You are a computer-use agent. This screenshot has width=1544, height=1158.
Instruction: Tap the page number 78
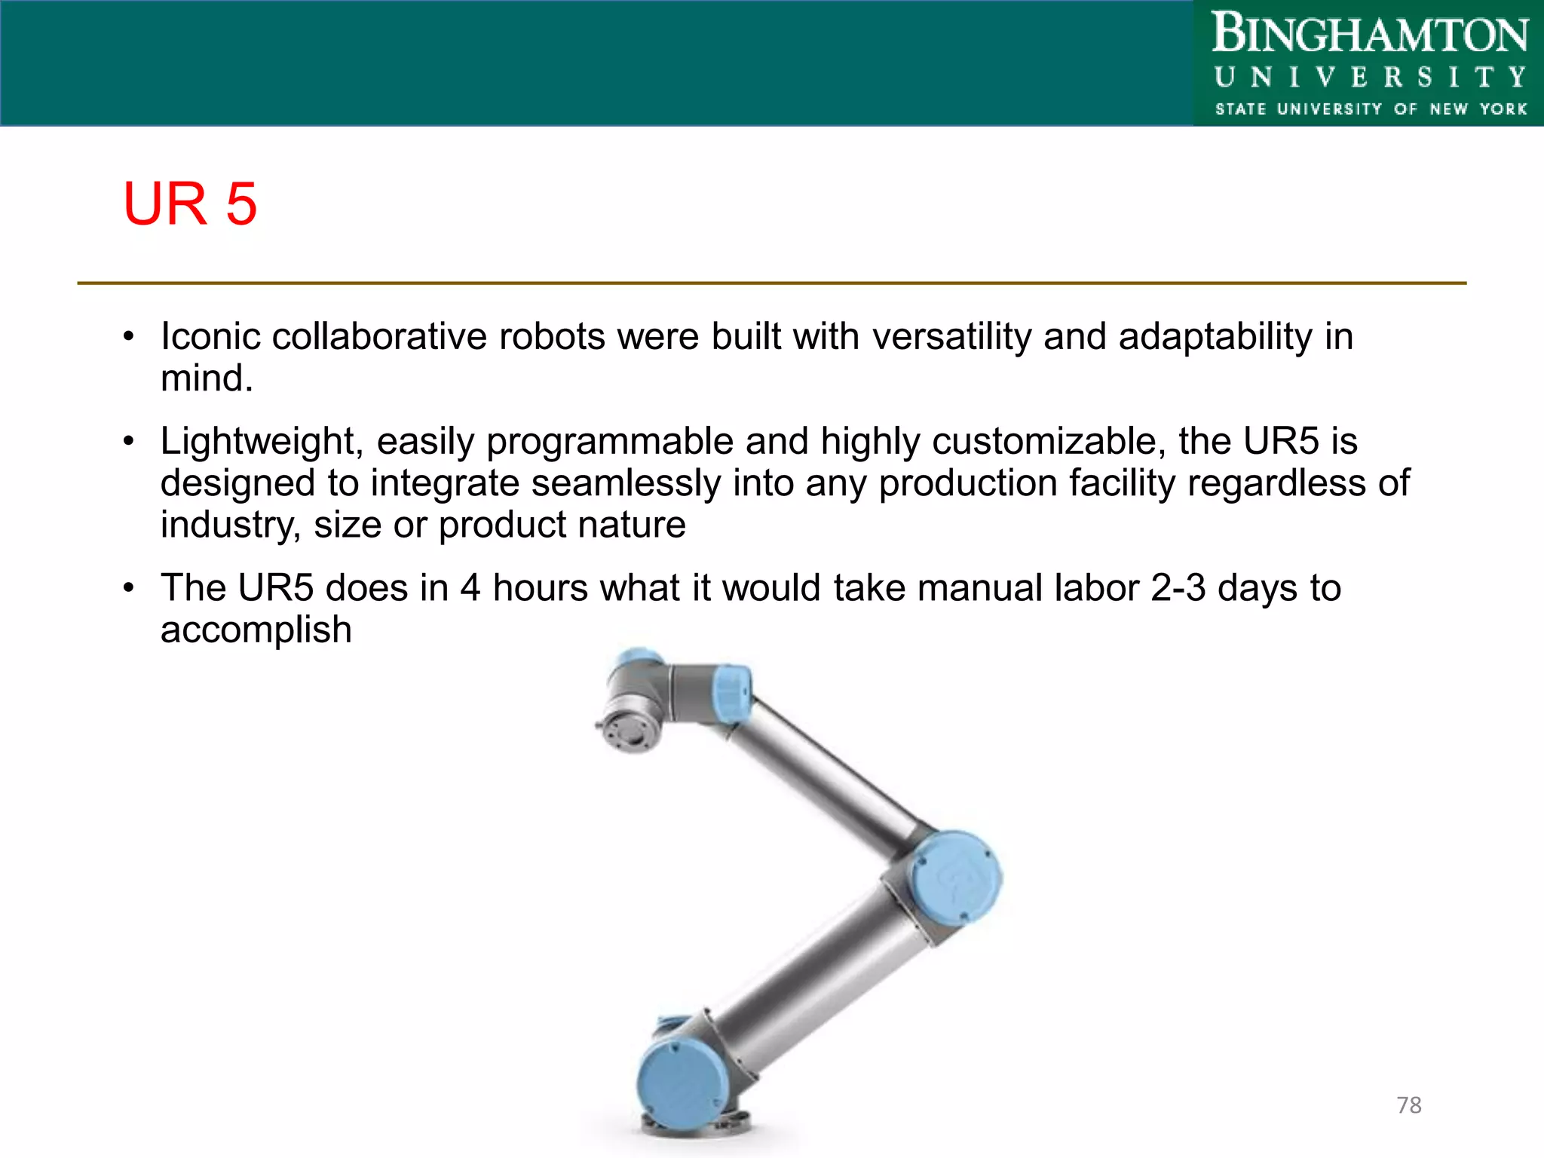(1408, 1105)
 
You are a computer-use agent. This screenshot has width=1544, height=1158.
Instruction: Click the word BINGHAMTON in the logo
(1369, 35)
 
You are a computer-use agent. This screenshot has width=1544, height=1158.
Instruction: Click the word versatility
(951, 336)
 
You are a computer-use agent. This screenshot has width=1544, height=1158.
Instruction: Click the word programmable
(609, 441)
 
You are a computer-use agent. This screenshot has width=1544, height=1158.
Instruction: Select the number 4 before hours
(470, 588)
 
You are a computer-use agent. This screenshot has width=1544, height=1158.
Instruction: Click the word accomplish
(256, 630)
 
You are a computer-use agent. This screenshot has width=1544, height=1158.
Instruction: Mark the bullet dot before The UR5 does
(129, 588)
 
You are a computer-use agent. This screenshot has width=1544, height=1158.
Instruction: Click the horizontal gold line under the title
(772, 283)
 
